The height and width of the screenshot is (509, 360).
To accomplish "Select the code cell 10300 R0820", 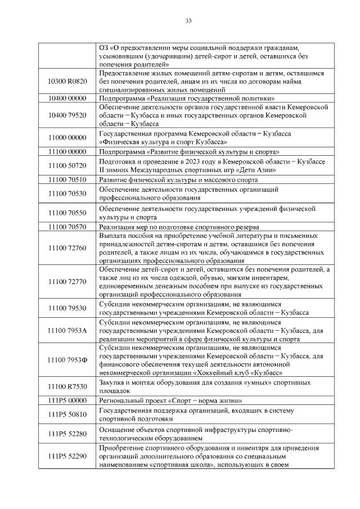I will pyautogui.click(x=67, y=82).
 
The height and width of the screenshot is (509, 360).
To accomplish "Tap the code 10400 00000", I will pyautogui.click(x=67, y=98).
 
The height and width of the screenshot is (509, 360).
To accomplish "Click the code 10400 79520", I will pyautogui.click(x=67, y=115).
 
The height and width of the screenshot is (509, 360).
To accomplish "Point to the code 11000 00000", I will pyautogui.click(x=67, y=137).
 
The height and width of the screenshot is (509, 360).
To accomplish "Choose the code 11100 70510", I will pyautogui.click(x=67, y=180).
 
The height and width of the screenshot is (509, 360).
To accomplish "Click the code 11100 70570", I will pyautogui.click(x=67, y=227).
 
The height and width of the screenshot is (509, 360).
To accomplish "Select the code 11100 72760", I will pyautogui.click(x=67, y=247).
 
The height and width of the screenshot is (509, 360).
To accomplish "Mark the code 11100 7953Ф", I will pyautogui.click(x=67, y=359).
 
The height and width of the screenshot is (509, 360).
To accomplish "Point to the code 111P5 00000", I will pyautogui.click(x=67, y=401).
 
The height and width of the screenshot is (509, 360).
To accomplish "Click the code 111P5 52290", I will pyautogui.click(x=67, y=456).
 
